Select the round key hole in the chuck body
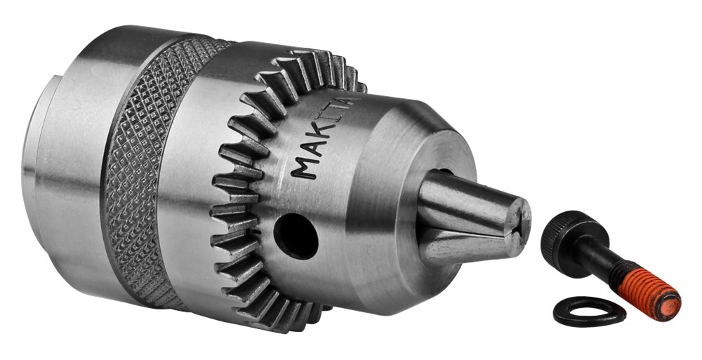pos(296,229)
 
